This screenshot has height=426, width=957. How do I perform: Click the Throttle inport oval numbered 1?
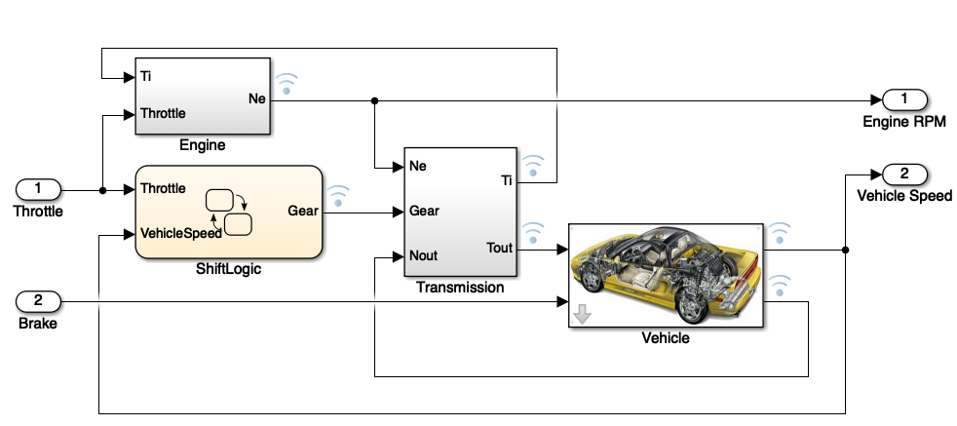pos(39,188)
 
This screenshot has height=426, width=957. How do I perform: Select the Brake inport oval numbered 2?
pos(39,300)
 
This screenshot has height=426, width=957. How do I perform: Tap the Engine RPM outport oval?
pos(904,99)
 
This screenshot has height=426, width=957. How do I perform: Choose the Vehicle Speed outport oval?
pos(904,174)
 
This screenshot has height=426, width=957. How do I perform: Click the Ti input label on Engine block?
pos(145,75)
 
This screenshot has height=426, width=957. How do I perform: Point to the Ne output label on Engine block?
pos(256,97)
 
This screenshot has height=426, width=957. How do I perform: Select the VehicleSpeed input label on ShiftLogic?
pos(180,234)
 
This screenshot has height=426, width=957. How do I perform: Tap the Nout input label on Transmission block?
pos(424,256)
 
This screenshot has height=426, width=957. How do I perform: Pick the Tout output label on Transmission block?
pos(499,248)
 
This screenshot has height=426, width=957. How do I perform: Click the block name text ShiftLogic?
pos(229,268)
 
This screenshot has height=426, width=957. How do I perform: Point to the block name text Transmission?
pos(459,288)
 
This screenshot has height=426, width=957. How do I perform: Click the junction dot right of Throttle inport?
pos(101,189)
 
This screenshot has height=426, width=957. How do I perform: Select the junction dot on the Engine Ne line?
pos(375,99)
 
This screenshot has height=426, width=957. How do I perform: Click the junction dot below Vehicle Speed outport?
pos(845,250)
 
